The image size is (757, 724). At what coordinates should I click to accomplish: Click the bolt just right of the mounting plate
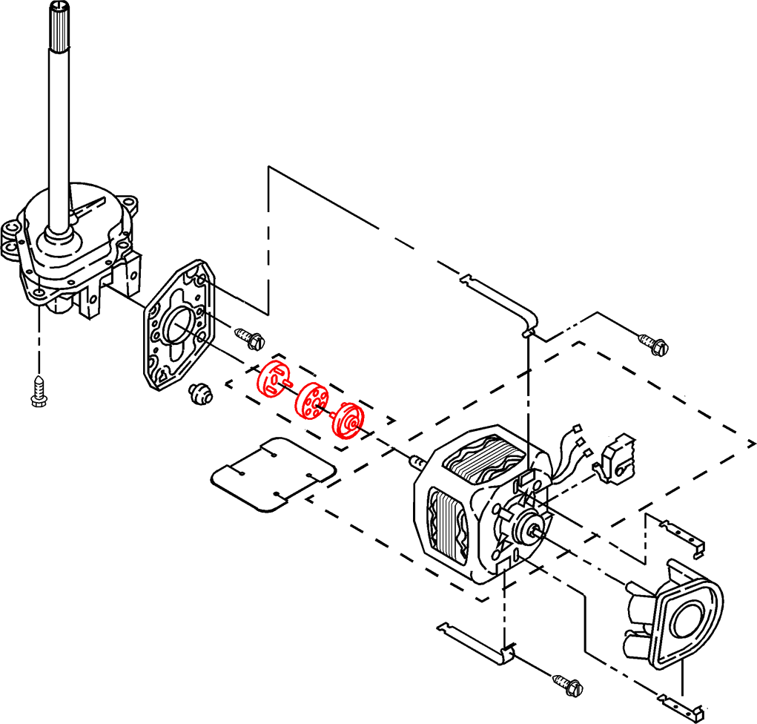pos(251,338)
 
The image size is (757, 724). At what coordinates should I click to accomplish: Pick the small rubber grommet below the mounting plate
pos(199,394)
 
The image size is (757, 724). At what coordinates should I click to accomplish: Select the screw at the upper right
pos(652,343)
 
